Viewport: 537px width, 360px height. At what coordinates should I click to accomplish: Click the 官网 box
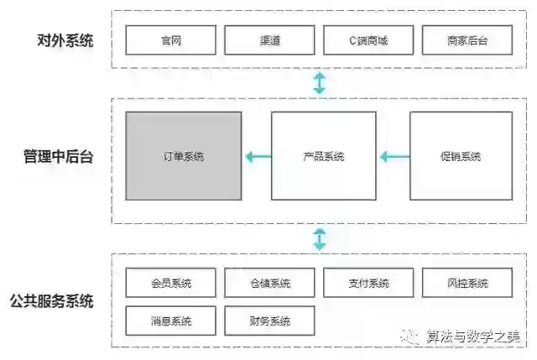click(170, 40)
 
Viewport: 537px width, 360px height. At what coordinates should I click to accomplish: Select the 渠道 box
click(269, 40)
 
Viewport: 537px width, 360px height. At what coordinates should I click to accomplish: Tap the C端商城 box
click(368, 40)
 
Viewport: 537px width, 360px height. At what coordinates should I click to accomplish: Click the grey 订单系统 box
click(184, 156)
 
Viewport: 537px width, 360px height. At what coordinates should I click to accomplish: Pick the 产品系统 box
click(323, 156)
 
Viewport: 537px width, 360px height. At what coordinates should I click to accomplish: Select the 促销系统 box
click(460, 156)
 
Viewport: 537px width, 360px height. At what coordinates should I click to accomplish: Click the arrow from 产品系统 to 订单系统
click(258, 156)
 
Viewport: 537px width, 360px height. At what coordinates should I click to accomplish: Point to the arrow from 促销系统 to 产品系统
click(394, 156)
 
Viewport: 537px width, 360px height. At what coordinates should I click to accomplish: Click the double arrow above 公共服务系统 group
click(319, 238)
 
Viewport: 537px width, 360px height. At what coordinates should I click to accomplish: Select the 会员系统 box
click(170, 283)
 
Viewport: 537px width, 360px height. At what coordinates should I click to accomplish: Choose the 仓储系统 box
click(269, 283)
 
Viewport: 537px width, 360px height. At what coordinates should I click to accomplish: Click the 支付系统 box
click(368, 283)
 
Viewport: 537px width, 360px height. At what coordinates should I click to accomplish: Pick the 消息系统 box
click(170, 321)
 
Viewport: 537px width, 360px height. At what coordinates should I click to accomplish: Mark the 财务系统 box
click(269, 321)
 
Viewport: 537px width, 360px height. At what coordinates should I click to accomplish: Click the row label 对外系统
click(65, 40)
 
